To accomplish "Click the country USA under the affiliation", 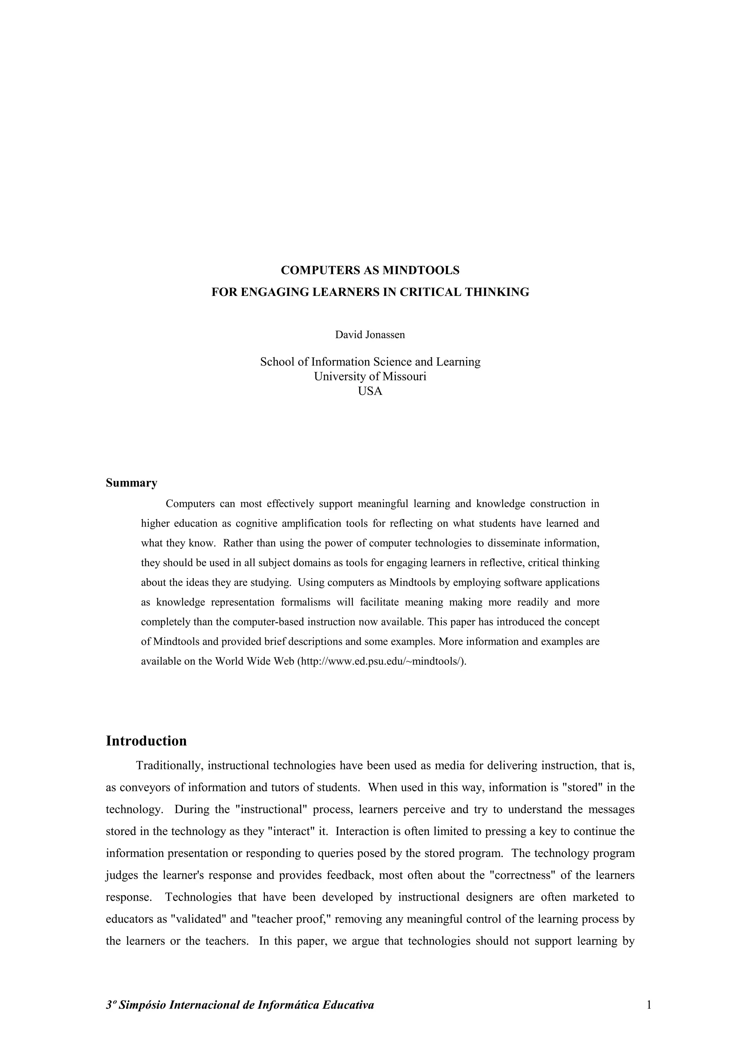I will pyautogui.click(x=370, y=391).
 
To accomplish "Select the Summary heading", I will pyautogui.click(x=131, y=483).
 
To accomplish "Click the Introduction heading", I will pyautogui.click(x=146, y=741).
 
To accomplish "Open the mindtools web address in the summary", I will pyautogui.click(x=382, y=662).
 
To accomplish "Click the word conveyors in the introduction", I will pyautogui.click(x=143, y=788).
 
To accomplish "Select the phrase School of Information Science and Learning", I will pyautogui.click(x=370, y=362).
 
